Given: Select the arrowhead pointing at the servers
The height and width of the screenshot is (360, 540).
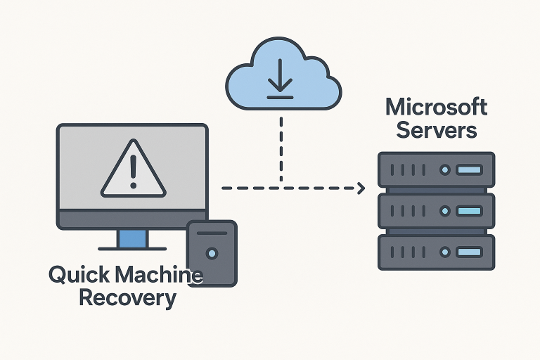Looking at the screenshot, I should [361, 188].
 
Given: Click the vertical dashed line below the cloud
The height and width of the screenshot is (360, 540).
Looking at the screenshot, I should [281, 148].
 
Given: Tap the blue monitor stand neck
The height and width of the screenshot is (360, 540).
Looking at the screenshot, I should [132, 238].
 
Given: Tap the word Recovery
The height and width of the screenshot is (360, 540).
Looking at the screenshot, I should [127, 297].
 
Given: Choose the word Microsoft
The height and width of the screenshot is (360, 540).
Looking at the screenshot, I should [436, 108].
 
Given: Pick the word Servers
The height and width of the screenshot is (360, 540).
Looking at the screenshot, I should [437, 130].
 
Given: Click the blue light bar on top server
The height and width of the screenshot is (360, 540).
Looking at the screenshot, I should [469, 170].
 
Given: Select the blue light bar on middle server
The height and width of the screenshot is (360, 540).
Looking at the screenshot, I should [469, 210].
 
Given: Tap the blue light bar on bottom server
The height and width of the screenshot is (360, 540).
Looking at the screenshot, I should [469, 251].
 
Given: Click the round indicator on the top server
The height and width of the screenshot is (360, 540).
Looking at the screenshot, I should [444, 170].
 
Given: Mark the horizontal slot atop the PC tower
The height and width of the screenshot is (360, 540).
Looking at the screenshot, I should [212, 233].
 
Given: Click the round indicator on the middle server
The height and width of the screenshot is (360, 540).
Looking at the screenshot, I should [444, 210].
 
